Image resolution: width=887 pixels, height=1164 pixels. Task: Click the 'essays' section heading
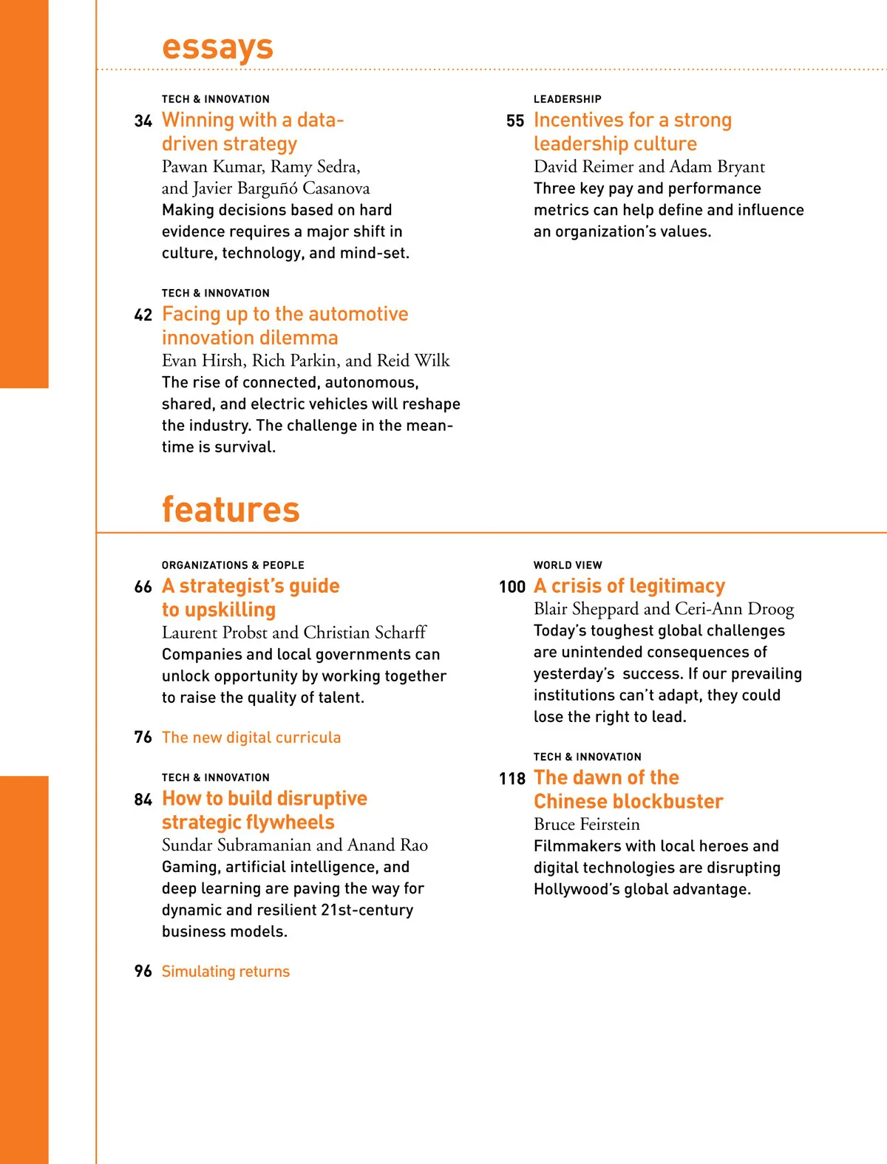[217, 47]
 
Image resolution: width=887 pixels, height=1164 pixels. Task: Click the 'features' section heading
[231, 509]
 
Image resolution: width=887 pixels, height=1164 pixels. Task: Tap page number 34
[143, 120]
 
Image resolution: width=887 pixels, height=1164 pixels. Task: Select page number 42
[143, 315]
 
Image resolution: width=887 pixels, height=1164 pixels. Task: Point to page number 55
[515, 120]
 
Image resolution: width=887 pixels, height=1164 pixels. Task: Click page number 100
[512, 587]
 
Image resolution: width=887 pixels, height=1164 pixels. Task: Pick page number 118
[512, 779]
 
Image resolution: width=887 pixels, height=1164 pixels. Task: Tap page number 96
[143, 971]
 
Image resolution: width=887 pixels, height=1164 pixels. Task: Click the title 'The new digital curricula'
[251, 738]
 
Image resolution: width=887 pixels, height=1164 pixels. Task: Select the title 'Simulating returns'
[225, 971]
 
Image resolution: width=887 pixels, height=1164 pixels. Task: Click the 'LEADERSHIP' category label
[567, 99]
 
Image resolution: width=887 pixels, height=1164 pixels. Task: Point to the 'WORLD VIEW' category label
[568, 565]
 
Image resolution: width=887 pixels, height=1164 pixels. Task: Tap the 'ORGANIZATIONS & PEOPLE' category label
[233, 565]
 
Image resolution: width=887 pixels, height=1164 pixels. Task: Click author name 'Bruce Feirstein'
[587, 824]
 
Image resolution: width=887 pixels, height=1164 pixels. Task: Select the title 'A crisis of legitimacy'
[629, 586]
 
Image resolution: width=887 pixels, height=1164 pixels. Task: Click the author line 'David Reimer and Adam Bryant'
[649, 166]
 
